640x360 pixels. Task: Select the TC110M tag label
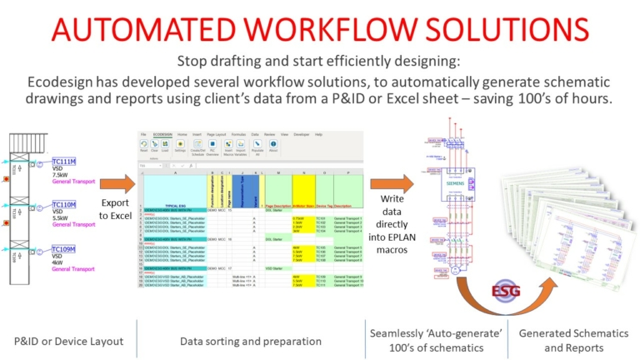click(x=64, y=204)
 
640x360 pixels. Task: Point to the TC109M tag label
click(x=64, y=249)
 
